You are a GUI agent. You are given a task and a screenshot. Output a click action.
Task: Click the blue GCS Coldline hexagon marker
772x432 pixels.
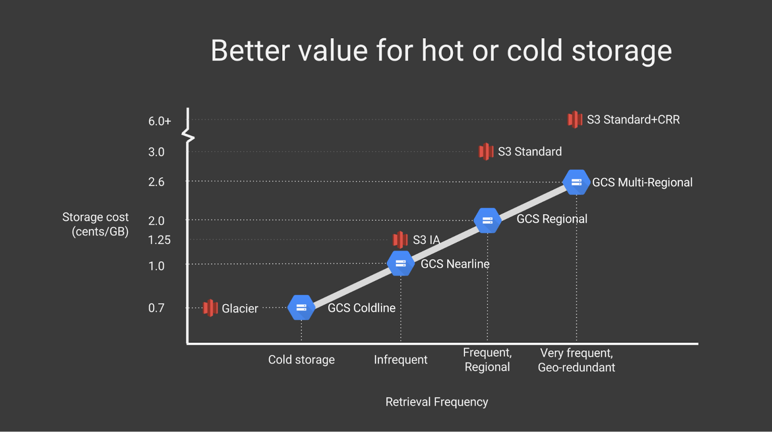point(301,307)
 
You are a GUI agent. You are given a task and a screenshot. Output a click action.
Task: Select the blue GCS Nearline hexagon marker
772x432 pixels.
point(400,263)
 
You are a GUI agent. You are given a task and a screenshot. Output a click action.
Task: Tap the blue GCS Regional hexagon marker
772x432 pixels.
point(487,220)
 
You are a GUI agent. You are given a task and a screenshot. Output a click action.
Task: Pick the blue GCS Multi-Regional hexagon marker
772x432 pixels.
point(576,182)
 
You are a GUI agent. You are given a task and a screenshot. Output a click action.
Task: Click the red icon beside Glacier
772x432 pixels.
point(210,308)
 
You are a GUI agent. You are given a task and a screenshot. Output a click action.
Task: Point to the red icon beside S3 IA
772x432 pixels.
point(400,240)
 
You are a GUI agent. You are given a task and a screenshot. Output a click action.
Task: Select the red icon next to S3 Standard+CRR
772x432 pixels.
point(575,119)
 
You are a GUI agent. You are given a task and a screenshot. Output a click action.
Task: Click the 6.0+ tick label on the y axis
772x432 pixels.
point(159,121)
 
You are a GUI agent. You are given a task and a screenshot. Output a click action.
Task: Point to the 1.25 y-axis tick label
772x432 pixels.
point(159,240)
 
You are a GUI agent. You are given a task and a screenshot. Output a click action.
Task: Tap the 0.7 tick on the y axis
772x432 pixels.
point(156,308)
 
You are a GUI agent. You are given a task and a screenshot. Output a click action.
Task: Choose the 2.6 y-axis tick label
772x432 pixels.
point(156,182)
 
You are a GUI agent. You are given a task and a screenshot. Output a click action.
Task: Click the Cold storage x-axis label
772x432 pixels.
point(301,360)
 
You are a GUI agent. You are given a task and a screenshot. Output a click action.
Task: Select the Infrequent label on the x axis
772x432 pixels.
point(400,360)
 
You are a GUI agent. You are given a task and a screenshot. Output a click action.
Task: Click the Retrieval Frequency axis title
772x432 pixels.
point(437,402)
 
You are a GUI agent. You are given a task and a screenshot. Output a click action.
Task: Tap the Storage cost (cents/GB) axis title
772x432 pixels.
point(96,224)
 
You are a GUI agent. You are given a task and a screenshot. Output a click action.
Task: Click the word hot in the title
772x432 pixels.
point(442,51)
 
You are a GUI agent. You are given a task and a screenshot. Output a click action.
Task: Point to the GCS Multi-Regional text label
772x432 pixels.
point(642,183)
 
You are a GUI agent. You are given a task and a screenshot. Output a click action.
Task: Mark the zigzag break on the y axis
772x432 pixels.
point(188,136)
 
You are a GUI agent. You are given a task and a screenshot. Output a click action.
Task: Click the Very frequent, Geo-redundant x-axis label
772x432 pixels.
point(576,360)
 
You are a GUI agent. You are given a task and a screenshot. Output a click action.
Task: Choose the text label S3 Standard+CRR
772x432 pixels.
point(633,120)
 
